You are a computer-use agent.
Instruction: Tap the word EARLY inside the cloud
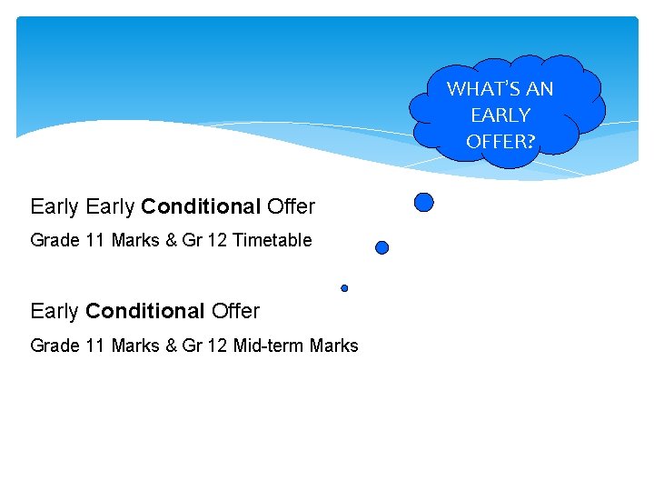[500, 115]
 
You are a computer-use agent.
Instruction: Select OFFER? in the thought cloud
[500, 141]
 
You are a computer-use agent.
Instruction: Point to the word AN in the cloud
[540, 89]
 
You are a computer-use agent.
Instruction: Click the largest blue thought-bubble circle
[423, 202]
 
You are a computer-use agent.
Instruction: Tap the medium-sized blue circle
[382, 247]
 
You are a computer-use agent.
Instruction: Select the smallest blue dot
[344, 288]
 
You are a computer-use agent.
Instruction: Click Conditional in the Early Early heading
[201, 207]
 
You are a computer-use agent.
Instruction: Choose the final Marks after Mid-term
[333, 346]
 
